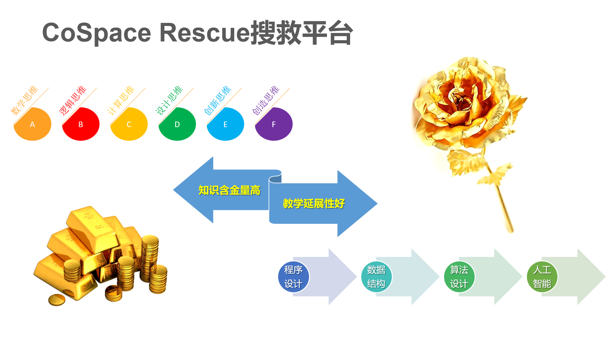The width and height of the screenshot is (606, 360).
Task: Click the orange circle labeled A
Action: (x=32, y=124)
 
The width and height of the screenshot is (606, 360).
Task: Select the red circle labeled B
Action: (x=81, y=124)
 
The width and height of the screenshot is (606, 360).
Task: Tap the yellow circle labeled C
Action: (x=129, y=124)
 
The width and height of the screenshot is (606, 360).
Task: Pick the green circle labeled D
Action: (x=177, y=124)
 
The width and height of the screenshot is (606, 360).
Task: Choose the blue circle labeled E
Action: (x=225, y=124)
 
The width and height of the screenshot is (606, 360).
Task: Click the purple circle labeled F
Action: (x=273, y=124)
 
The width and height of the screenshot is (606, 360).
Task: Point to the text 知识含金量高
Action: (x=229, y=190)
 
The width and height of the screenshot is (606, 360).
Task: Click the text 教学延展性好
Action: (x=314, y=204)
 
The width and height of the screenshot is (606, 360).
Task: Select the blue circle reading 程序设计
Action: (x=293, y=277)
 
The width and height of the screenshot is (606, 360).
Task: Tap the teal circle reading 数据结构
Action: (x=376, y=277)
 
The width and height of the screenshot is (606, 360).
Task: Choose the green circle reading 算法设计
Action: (x=459, y=277)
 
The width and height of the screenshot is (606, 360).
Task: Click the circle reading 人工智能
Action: (x=542, y=277)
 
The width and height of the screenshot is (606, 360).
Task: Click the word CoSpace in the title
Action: (x=96, y=33)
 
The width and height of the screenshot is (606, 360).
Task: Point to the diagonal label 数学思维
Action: (x=24, y=101)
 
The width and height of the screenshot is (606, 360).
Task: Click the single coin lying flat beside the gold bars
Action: (x=57, y=300)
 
